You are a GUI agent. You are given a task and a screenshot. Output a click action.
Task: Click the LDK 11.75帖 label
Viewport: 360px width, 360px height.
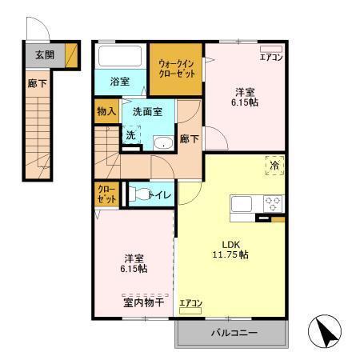tap(230, 249)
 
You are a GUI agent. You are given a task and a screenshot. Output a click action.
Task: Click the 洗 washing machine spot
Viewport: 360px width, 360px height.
tap(131, 136)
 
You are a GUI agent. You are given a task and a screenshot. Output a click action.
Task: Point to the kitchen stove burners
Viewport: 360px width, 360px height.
tap(273, 202)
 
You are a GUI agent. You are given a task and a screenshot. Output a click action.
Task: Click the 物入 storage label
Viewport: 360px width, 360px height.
tap(106, 110)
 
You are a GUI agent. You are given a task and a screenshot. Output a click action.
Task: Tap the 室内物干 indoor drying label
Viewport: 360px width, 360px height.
tap(143, 302)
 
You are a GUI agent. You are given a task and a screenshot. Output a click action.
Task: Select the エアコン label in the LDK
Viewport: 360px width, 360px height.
tap(190, 303)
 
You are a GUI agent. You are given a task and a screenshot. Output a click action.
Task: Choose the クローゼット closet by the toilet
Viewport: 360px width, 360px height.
tap(106, 195)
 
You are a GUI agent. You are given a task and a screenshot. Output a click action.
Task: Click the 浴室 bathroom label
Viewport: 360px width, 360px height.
tap(119, 82)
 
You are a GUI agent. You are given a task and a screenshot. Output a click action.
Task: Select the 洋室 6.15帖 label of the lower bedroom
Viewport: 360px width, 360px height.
tap(134, 263)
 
